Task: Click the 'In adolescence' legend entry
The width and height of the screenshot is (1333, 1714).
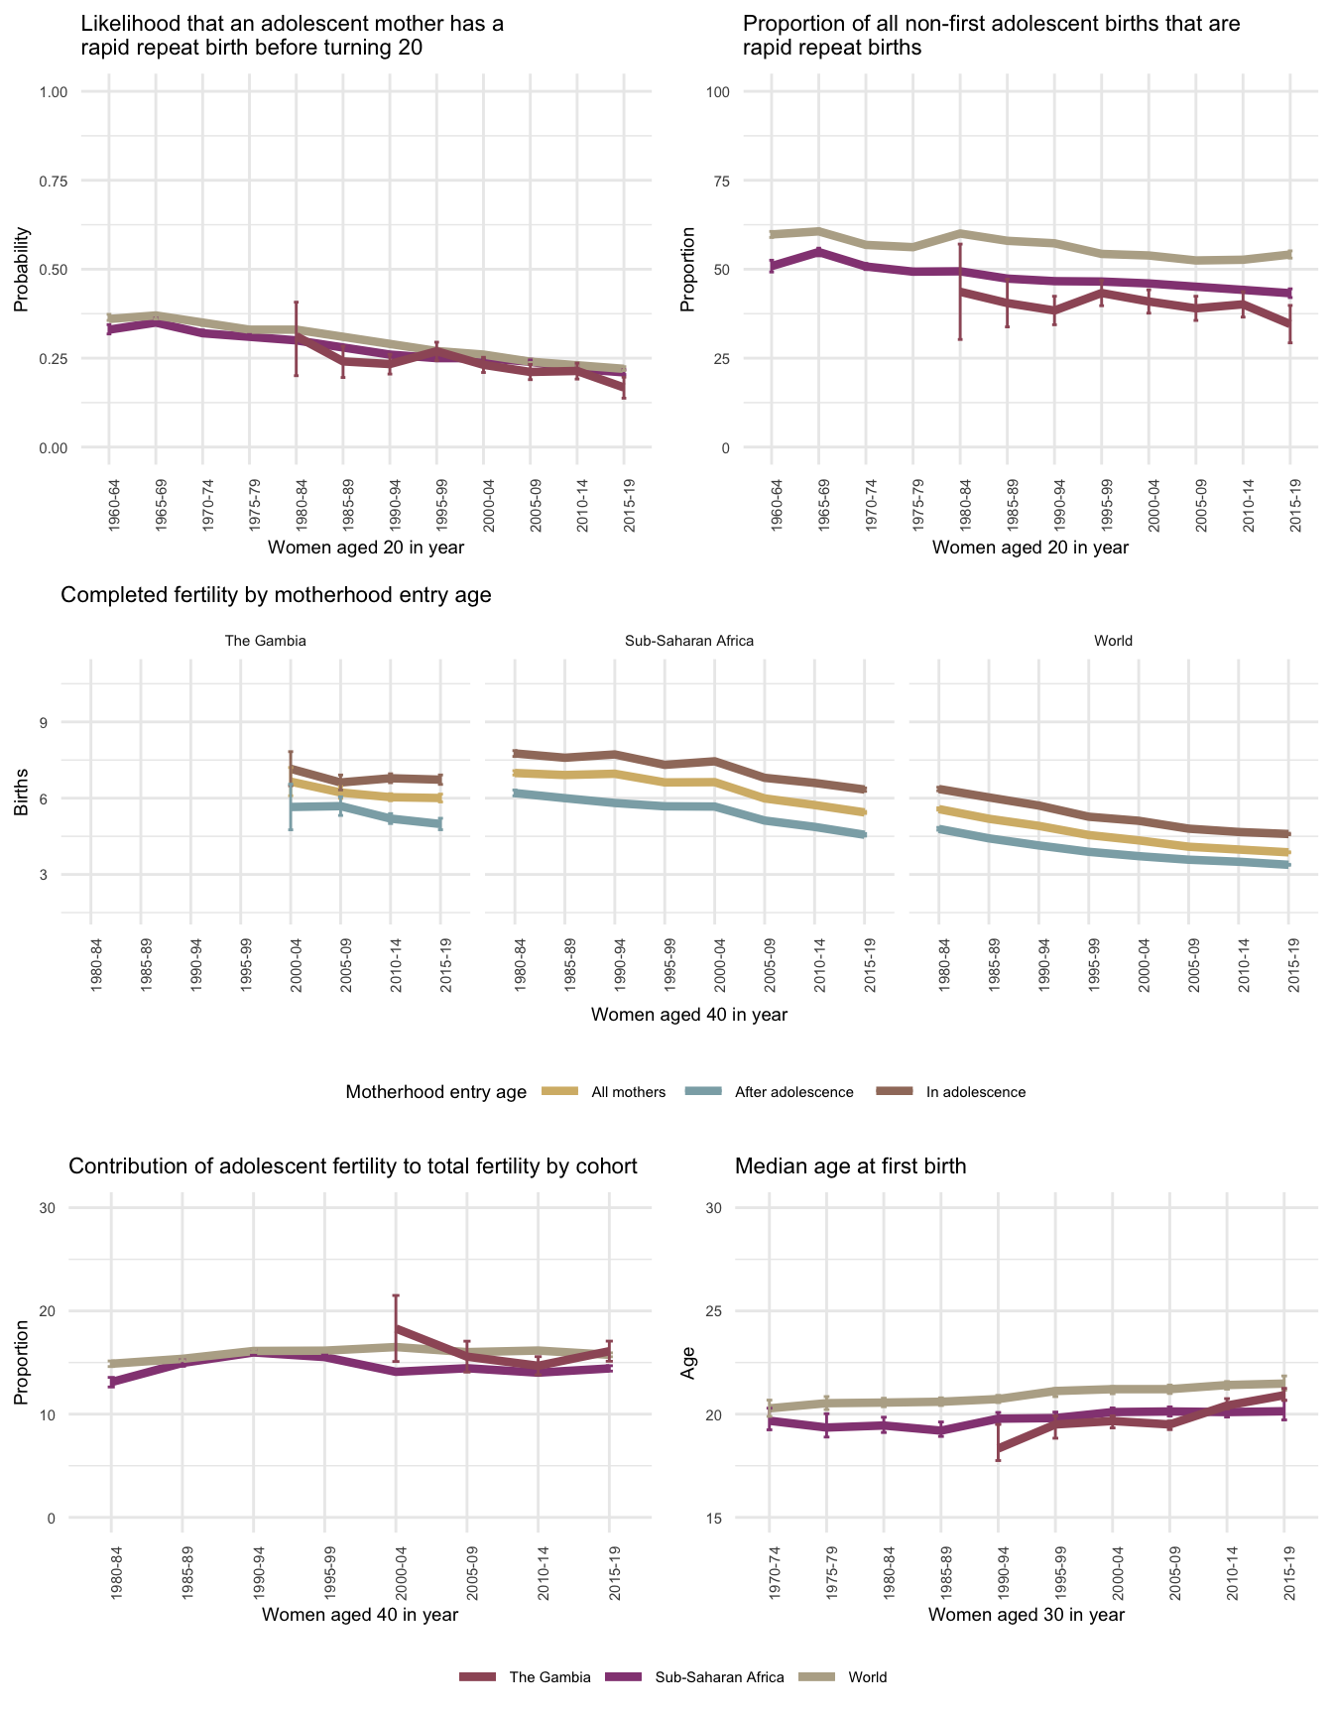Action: [x=975, y=1092]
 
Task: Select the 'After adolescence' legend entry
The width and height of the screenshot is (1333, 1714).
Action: [x=793, y=1092]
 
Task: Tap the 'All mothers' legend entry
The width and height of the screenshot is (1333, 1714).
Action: [x=628, y=1092]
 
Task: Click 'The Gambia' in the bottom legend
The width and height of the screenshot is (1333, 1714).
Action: [x=549, y=1677]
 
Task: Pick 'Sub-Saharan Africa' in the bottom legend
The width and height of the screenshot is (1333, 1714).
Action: [x=719, y=1677]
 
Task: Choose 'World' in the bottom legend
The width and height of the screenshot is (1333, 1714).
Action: [x=867, y=1677]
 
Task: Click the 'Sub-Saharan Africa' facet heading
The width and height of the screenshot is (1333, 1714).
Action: [x=689, y=641]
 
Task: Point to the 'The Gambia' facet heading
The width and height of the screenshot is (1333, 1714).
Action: [x=266, y=641]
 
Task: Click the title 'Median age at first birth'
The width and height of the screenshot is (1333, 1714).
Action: [x=850, y=1166]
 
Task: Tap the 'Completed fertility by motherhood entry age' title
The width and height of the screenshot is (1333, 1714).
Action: [x=276, y=595]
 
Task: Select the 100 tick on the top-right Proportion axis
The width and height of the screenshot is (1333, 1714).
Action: [x=717, y=92]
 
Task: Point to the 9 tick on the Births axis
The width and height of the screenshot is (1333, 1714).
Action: [x=43, y=722]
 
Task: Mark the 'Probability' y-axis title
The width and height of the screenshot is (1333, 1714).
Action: [x=21, y=270]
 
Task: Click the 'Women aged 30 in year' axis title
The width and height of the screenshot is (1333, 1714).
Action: [x=1026, y=1615]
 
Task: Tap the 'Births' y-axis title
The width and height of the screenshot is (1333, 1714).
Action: [x=21, y=797]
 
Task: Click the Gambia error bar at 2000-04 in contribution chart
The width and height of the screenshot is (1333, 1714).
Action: [x=396, y=1328]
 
